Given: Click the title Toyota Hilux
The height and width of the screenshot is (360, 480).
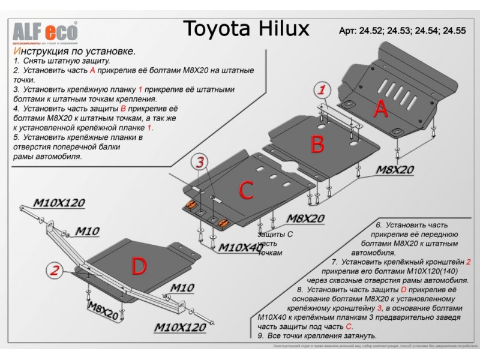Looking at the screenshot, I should click(245, 28).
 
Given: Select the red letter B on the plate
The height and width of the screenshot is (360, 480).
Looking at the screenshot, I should click(317, 143).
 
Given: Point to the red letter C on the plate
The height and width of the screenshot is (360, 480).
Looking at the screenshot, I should click(247, 190).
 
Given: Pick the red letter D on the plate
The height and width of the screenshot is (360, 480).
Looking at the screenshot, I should click(139, 265).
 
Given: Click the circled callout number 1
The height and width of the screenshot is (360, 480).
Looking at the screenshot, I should click(322, 91).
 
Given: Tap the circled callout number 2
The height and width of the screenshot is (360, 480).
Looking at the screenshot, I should click(54, 271).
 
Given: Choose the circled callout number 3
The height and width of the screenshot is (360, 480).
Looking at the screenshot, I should click(199, 161).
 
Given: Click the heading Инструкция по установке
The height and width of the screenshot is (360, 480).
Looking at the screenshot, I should click(73, 52).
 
